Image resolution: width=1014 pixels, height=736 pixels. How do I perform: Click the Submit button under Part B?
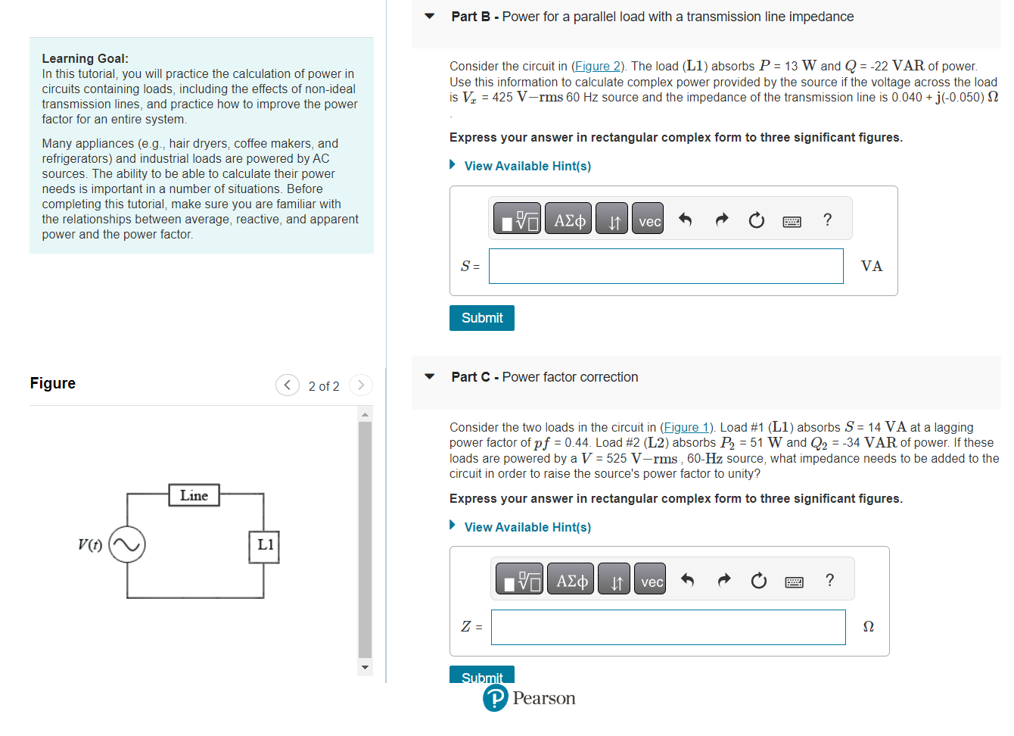pos(481,318)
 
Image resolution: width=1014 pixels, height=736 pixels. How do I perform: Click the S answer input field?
pos(665,267)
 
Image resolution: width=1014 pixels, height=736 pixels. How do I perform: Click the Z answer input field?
pos(667,628)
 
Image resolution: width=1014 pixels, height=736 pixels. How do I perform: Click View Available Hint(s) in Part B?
pos(527,166)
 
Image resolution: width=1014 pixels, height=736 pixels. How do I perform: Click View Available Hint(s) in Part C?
pos(527,527)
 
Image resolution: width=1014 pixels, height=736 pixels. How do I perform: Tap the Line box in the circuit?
pos(194,495)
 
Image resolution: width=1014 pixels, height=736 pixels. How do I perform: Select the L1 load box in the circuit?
pos(264,545)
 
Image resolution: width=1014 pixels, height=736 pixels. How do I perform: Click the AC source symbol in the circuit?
pos(127,544)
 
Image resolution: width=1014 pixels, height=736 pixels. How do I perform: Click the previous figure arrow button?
pos(287,385)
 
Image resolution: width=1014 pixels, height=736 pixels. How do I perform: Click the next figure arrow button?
pos(361,385)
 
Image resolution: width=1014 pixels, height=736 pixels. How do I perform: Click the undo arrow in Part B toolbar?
pos(685,220)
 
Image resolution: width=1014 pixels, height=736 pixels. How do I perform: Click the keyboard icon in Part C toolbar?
pos(794,582)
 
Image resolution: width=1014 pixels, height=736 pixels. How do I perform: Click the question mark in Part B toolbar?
pos(827,220)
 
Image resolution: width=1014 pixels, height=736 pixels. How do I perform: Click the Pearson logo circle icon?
pos(496,698)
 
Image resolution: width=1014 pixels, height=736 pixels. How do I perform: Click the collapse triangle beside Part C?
pos(430,376)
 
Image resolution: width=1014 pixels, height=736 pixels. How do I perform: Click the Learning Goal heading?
pos(85,58)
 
